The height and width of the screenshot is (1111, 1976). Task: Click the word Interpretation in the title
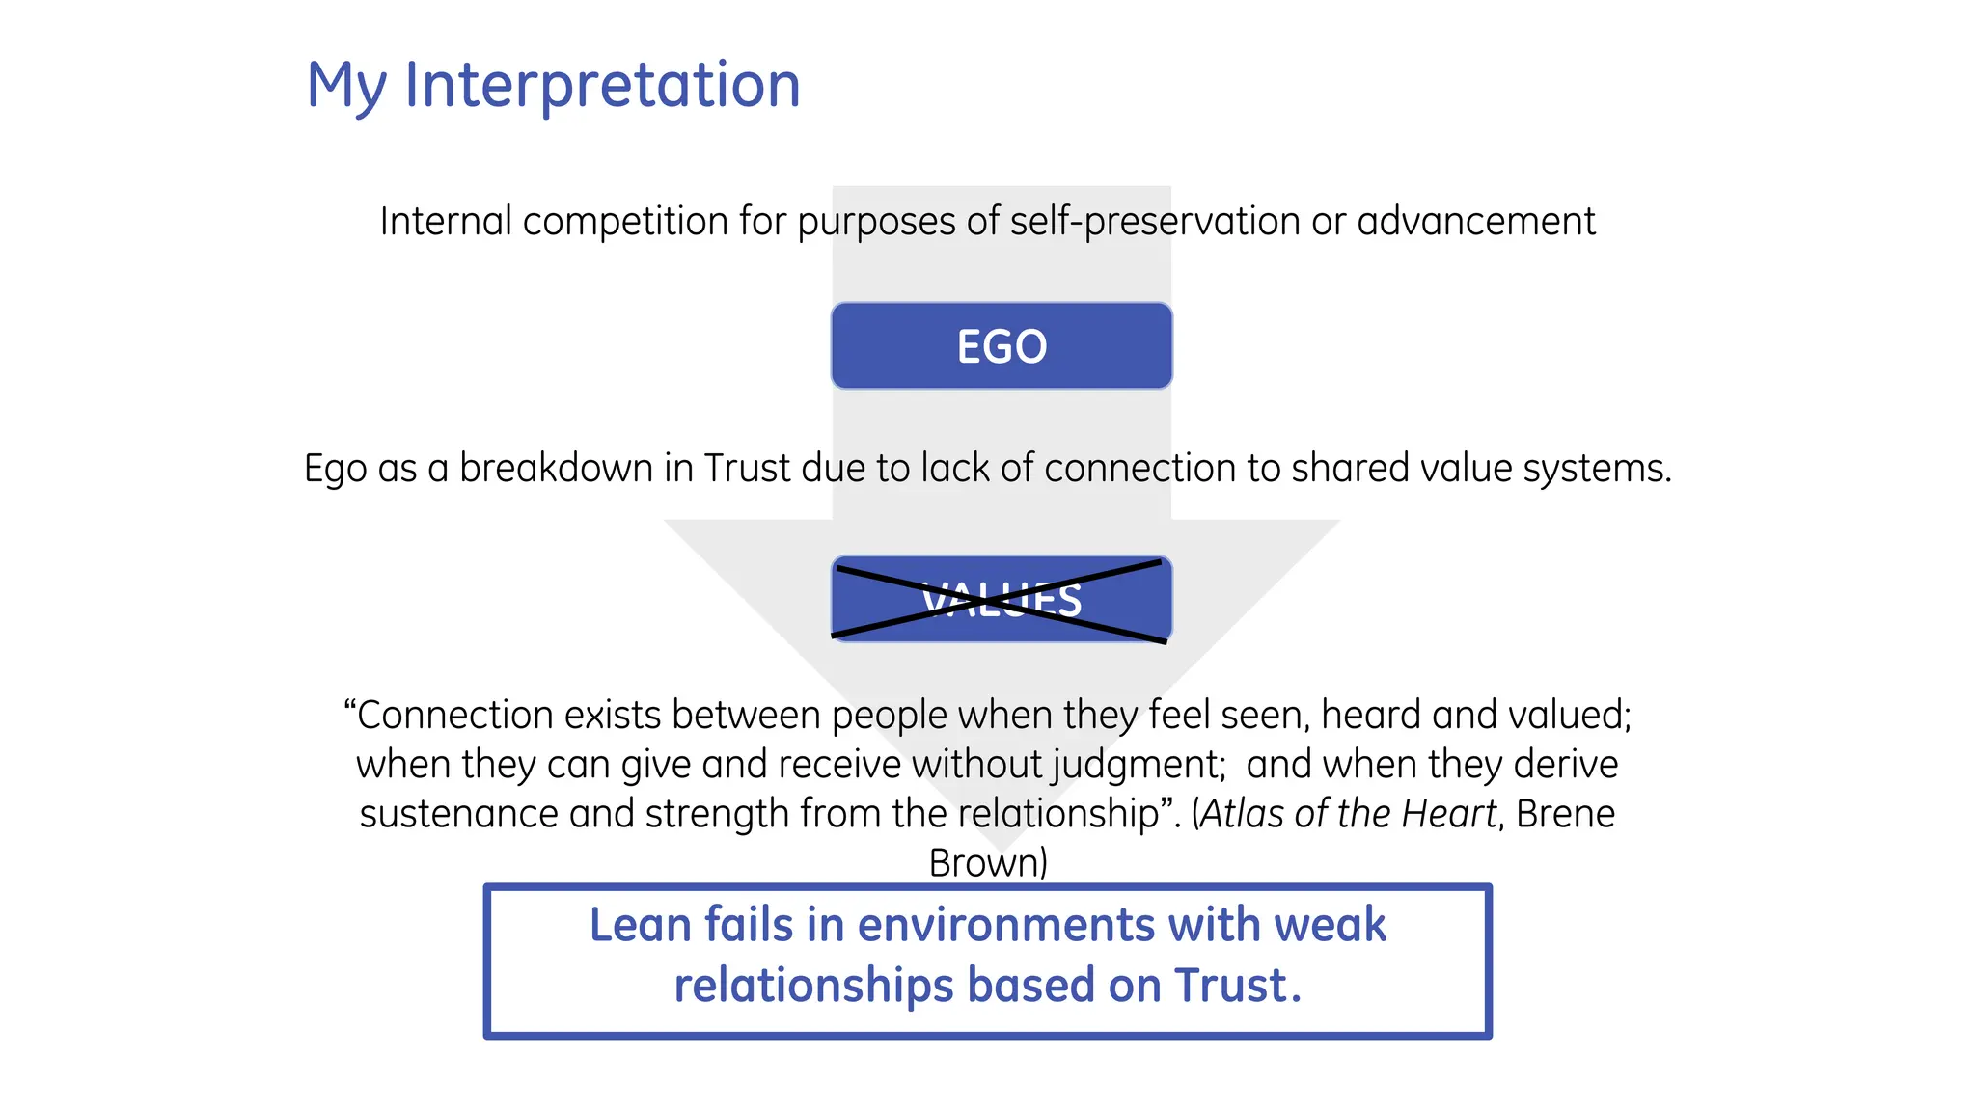tap(602, 85)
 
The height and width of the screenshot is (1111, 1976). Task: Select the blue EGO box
tap(1002, 345)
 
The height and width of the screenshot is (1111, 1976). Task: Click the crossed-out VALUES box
tap(1002, 599)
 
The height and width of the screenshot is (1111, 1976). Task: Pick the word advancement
tap(1475, 222)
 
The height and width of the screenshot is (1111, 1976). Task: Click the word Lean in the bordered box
tap(641, 925)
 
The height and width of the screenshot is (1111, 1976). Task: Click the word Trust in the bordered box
tap(1231, 986)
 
